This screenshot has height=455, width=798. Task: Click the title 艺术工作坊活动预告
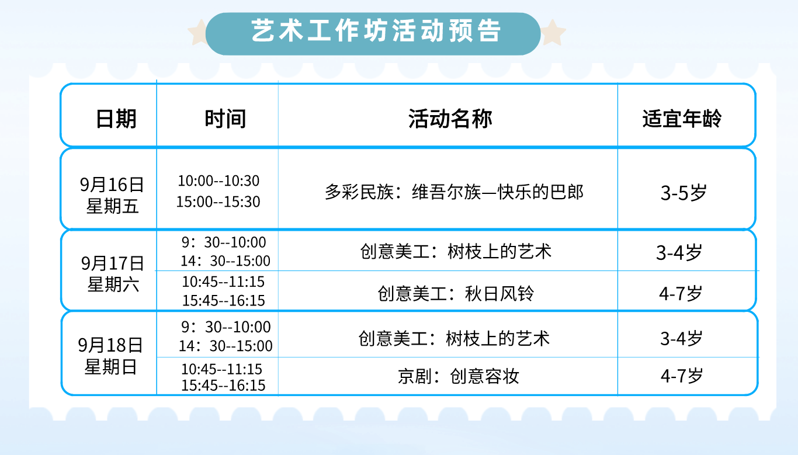click(x=376, y=30)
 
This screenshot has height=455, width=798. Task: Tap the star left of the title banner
click(x=198, y=33)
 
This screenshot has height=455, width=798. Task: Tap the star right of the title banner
click(x=553, y=33)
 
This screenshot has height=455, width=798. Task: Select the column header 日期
click(x=116, y=119)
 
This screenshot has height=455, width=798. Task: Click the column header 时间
click(x=225, y=119)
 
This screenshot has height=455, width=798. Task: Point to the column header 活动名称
click(x=450, y=119)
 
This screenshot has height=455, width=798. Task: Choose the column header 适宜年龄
click(x=682, y=119)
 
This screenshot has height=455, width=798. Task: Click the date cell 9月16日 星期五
click(x=112, y=195)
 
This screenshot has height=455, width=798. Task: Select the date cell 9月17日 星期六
click(x=113, y=274)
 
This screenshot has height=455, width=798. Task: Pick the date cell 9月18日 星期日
click(x=110, y=356)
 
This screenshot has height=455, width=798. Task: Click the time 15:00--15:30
click(x=218, y=202)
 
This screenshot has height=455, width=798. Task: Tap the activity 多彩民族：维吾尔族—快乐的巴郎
click(x=454, y=192)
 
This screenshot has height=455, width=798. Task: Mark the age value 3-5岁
click(x=683, y=193)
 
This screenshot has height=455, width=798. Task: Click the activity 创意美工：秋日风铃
click(x=456, y=294)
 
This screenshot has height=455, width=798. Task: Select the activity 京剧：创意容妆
click(x=459, y=376)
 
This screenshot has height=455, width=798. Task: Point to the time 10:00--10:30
click(x=218, y=180)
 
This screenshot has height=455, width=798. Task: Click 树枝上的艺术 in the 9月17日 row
click(x=499, y=252)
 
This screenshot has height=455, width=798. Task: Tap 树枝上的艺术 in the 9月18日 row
click(x=498, y=339)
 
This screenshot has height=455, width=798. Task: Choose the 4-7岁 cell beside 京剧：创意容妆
click(x=682, y=376)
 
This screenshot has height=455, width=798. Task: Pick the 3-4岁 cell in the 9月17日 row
click(x=679, y=253)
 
